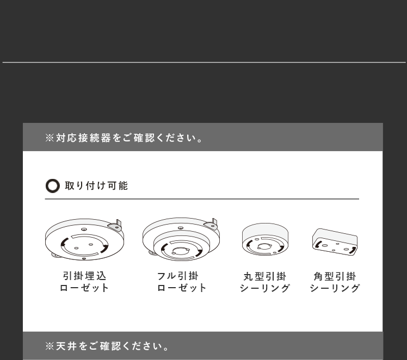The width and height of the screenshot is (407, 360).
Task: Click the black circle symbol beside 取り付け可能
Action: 53,185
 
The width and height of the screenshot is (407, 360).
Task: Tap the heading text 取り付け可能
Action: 96,185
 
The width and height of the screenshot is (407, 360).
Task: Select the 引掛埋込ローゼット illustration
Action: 84,239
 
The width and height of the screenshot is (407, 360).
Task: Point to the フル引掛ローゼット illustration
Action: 181,239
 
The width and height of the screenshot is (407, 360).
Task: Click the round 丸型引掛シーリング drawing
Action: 265,239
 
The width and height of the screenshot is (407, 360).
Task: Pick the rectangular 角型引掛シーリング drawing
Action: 335,242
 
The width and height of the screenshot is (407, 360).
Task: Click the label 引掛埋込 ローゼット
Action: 84,282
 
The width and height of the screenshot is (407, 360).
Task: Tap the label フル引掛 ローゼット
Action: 181,282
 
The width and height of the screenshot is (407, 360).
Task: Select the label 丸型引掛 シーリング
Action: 265,282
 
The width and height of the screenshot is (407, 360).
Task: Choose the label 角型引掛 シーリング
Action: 335,282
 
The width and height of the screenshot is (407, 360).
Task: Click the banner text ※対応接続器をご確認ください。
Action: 124,138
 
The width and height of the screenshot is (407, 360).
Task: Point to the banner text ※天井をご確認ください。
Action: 107,346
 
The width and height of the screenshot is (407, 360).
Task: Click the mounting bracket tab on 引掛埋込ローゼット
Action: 116,226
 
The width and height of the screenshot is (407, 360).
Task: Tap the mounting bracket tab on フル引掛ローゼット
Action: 212,225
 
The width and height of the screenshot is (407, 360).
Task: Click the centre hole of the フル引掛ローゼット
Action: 180,251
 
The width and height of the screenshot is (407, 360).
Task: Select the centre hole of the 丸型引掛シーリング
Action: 264,246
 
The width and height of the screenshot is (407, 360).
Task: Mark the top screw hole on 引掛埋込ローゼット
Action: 84,229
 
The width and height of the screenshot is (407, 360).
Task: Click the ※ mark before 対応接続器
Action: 50,138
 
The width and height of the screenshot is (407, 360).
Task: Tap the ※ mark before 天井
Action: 50,346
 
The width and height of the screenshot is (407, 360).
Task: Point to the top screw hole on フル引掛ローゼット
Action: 181,228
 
